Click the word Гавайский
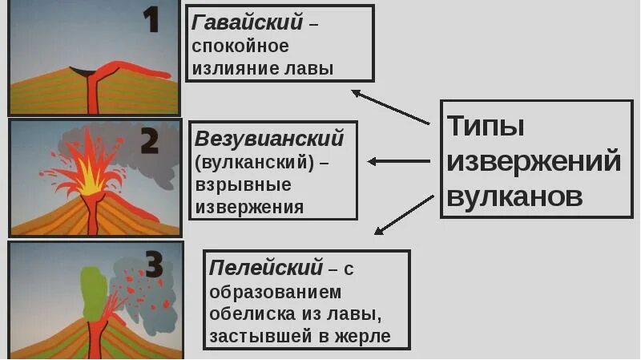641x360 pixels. (248, 23)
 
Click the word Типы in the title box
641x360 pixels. (486, 126)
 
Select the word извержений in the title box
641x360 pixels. (534, 161)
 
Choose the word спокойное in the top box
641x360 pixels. (240, 47)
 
